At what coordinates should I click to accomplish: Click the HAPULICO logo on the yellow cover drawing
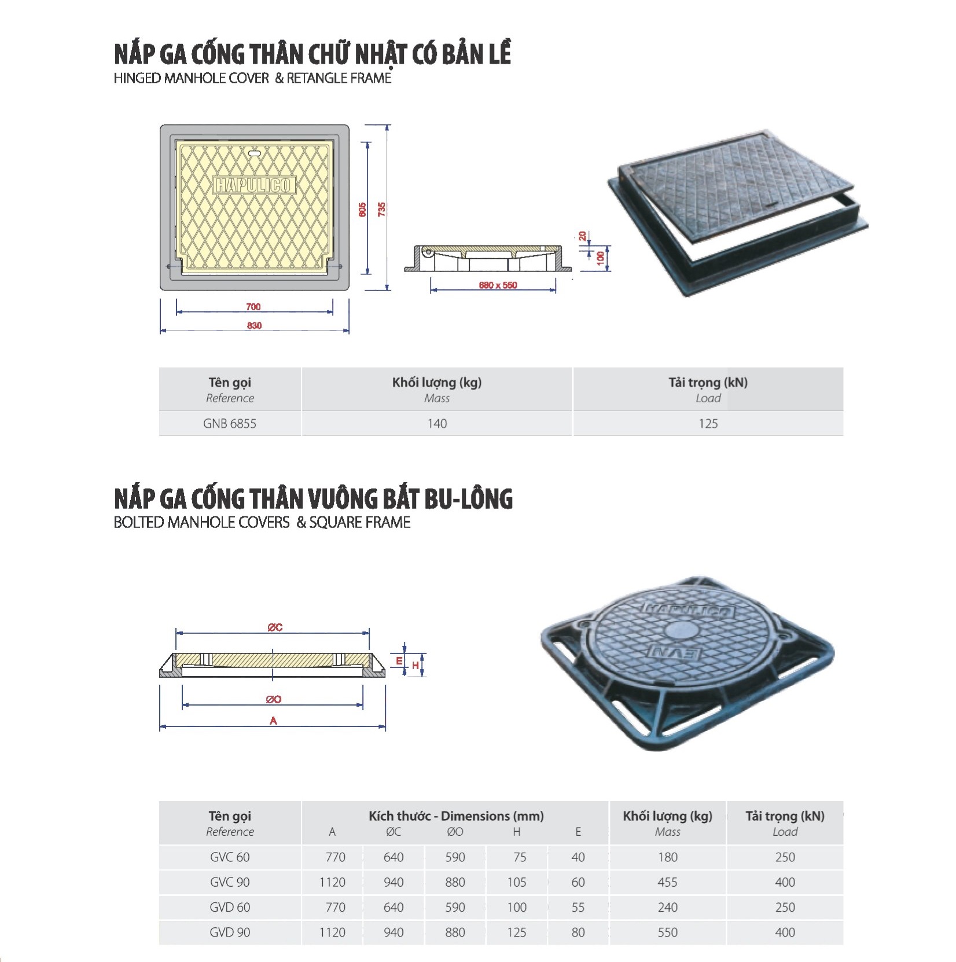[x=254, y=185]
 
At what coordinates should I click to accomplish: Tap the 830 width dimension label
[x=254, y=326]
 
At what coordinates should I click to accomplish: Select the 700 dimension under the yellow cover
[x=253, y=307]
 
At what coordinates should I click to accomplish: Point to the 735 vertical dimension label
[x=381, y=210]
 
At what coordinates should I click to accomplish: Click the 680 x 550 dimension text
[x=498, y=285]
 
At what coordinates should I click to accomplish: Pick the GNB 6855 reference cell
[x=230, y=424]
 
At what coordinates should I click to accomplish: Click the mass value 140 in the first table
[x=437, y=424]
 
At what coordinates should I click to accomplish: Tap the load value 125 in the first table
[x=708, y=424]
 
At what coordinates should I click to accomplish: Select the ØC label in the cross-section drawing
[x=275, y=627]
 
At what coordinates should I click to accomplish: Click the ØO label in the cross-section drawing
[x=274, y=699]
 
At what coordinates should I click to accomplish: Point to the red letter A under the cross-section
[x=273, y=721]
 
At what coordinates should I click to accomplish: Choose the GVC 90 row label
[x=230, y=882]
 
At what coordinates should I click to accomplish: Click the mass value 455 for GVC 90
[x=667, y=882]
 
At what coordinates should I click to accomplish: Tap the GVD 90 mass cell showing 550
[x=667, y=932]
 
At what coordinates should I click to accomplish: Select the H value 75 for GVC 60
[x=520, y=857]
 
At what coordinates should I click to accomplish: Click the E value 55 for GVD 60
[x=578, y=908]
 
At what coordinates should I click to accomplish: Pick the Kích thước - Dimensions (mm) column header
[x=456, y=816]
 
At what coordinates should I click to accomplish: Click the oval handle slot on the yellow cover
[x=254, y=153]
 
